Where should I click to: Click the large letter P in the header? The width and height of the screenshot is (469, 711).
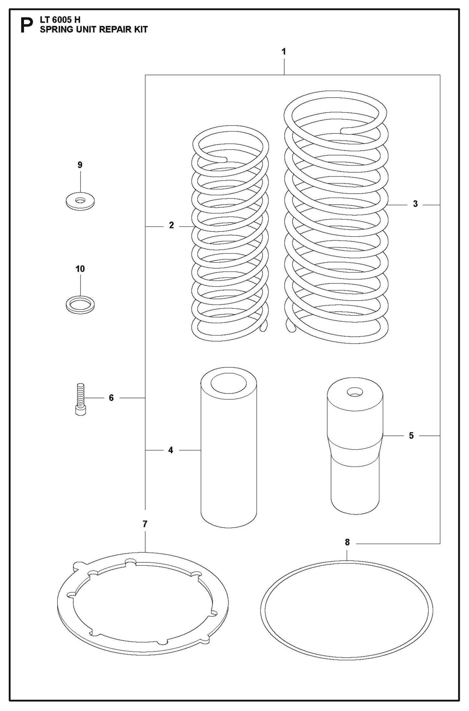[x=27, y=26]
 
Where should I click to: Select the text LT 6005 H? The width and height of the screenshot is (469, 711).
[x=60, y=20]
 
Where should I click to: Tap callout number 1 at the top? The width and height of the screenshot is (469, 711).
[x=284, y=52]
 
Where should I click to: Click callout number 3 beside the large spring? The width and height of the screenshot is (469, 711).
[x=415, y=204]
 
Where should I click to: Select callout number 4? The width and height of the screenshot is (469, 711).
[x=171, y=450]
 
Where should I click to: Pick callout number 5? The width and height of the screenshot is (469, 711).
[x=411, y=435]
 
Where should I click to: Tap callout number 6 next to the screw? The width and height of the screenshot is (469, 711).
[x=111, y=398]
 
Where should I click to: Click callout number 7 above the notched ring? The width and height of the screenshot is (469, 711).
[x=145, y=524]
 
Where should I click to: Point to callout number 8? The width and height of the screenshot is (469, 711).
[x=347, y=542]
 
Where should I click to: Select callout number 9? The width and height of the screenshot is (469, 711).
[x=80, y=165]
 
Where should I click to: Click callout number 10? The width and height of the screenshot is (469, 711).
[x=80, y=269]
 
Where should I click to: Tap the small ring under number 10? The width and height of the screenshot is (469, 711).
[x=80, y=304]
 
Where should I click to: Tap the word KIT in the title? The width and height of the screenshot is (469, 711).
[x=141, y=30]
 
